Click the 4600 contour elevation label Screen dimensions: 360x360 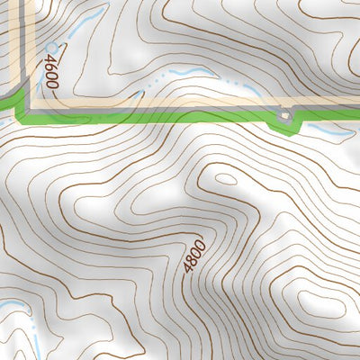click(50, 71)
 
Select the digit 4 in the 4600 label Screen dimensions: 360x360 click(49, 85)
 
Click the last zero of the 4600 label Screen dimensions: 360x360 click(50, 58)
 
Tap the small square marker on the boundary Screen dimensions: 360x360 click(285, 115)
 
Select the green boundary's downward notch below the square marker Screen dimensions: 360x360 click(283, 128)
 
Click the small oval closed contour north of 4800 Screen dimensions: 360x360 click(225, 178)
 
